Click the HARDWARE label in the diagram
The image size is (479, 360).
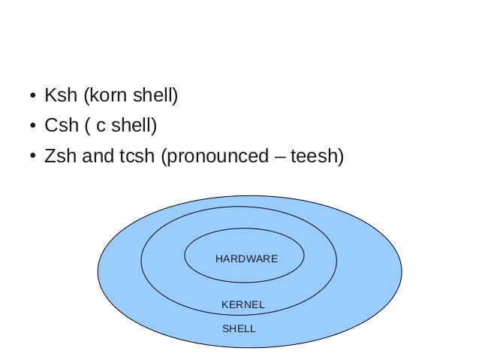click(x=246, y=259)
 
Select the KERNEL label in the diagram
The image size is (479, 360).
click(x=243, y=304)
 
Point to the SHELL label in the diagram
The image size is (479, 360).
click(x=239, y=328)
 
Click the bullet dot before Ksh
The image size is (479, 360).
click(x=32, y=97)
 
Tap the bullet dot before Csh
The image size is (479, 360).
click(x=32, y=127)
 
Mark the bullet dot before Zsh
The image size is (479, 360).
click(x=32, y=157)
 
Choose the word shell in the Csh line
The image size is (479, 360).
click(x=133, y=126)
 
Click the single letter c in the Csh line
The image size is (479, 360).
click(x=101, y=127)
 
